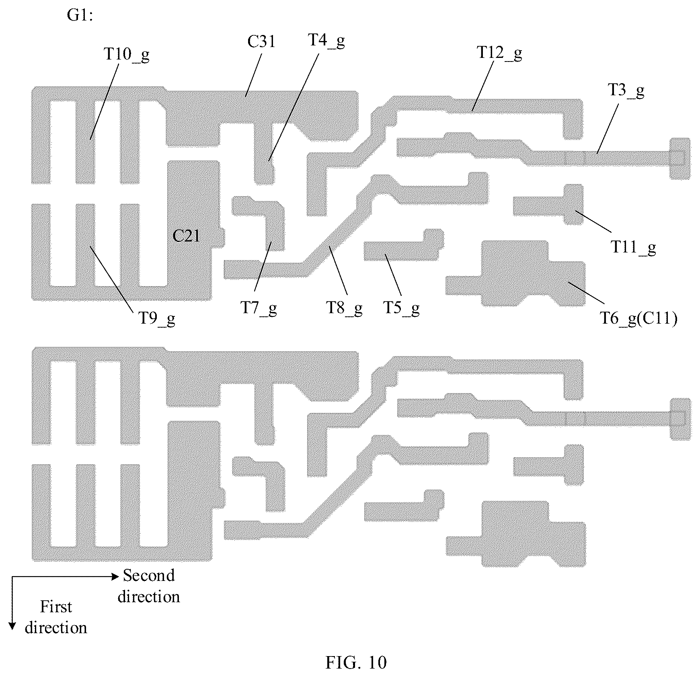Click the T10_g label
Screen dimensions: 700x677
click(127, 54)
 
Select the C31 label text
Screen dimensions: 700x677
click(261, 41)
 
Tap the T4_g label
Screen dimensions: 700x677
click(326, 41)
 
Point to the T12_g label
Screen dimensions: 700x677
click(499, 53)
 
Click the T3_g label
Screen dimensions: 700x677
click(626, 91)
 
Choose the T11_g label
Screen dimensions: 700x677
click(633, 247)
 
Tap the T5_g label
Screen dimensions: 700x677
click(402, 308)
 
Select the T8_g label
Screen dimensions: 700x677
click(344, 308)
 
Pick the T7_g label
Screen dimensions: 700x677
click(259, 308)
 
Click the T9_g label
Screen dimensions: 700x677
click(157, 319)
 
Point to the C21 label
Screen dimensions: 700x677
click(186, 236)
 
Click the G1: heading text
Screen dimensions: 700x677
click(80, 16)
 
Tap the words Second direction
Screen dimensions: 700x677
click(149, 586)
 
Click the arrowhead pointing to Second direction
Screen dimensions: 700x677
click(115, 577)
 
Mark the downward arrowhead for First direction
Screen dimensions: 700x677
click(12, 626)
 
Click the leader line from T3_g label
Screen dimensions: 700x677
click(608, 126)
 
